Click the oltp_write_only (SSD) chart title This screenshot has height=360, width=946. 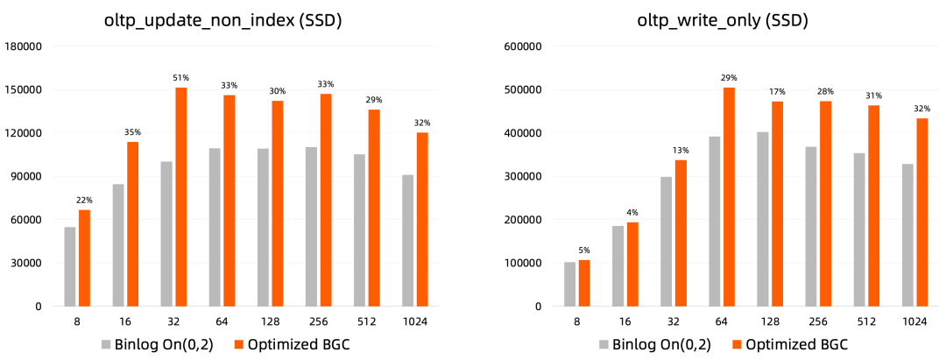722,20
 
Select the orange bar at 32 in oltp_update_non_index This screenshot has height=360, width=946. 181,197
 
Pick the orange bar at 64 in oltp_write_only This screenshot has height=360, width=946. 729,197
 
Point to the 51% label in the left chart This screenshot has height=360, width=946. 181,78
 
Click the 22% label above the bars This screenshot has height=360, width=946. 84,201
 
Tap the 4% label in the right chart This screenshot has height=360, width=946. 632,213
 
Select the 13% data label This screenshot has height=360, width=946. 680,150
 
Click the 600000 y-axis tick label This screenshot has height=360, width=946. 520,46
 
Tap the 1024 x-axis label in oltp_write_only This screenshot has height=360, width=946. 914,322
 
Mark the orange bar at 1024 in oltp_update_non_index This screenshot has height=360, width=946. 422,219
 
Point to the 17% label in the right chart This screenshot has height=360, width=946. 777,91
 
